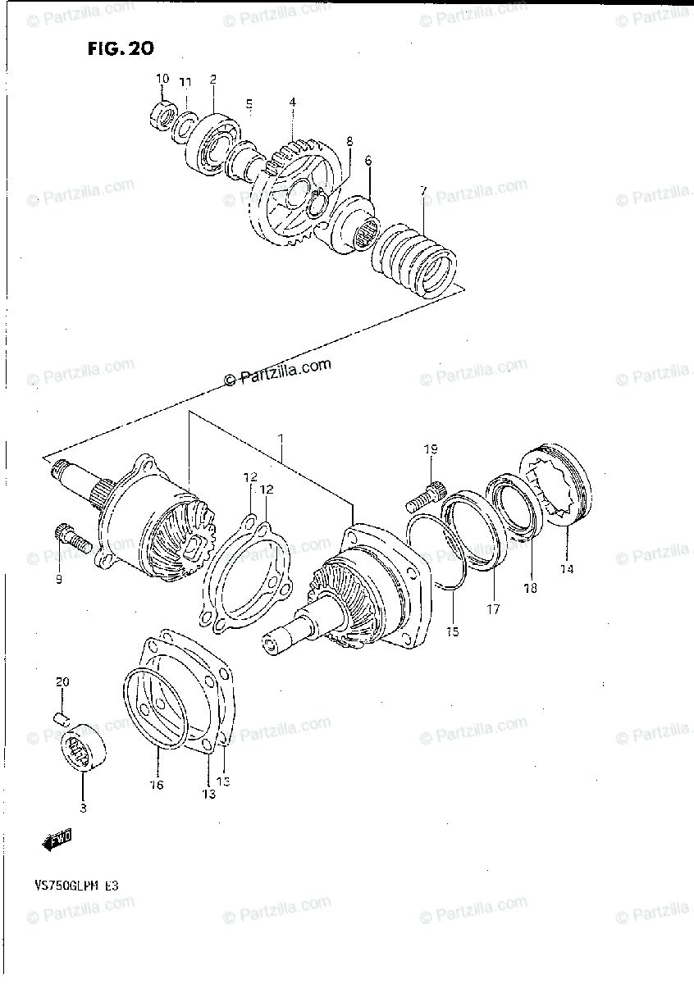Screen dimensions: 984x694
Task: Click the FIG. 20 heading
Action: [120, 48]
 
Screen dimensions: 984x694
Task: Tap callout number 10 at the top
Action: [162, 79]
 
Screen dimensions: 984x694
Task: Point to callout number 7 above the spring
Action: [423, 191]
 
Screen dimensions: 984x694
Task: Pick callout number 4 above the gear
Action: [292, 102]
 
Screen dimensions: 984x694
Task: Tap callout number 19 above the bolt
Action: [431, 449]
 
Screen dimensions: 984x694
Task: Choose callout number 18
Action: [531, 588]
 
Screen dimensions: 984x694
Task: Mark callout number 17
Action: [494, 609]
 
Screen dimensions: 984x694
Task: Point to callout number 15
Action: [453, 631]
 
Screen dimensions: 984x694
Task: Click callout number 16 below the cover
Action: [156, 785]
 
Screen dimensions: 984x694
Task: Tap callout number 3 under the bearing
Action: [83, 807]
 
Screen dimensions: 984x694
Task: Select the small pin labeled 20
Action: [60, 718]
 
